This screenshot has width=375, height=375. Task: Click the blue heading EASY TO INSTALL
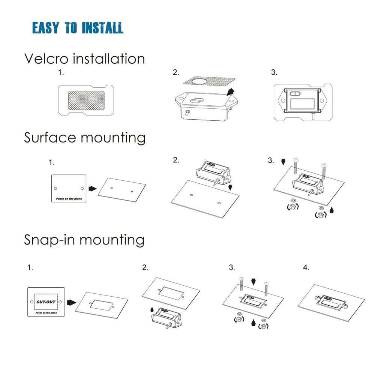tap(78, 28)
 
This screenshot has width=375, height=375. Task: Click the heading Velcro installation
tap(84, 59)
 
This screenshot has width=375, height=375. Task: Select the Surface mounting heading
tap(85, 138)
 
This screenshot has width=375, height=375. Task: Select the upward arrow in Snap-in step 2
tap(152, 309)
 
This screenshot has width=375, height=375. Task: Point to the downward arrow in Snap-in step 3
tap(253, 281)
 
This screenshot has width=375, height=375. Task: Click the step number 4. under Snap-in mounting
tap(306, 268)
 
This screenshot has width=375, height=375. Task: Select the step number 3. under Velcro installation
tap(274, 73)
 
